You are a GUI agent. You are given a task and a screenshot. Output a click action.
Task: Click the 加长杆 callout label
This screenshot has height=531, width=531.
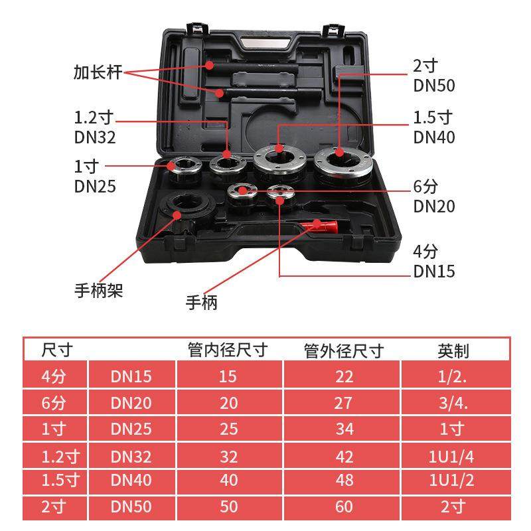coord(98,72)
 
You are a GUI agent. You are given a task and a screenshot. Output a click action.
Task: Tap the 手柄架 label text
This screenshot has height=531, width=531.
coord(98,290)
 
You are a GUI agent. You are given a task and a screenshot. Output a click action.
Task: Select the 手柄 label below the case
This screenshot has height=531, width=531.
coord(201,303)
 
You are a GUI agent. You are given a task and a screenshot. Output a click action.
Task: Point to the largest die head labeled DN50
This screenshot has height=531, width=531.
coord(344,162)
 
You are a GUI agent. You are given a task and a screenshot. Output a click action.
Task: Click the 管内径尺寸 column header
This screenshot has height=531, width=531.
coord(228,350)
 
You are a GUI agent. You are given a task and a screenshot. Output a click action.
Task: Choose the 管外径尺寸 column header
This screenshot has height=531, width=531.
coord(343,350)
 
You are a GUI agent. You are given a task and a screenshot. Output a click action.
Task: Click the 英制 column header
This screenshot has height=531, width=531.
coord(453,350)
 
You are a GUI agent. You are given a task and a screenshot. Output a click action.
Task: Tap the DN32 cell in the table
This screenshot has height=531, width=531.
coord(131,456)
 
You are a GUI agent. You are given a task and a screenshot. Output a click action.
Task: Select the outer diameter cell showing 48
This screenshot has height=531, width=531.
coord(344,481)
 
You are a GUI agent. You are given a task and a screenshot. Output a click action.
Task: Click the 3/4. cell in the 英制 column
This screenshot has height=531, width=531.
coord(455,402)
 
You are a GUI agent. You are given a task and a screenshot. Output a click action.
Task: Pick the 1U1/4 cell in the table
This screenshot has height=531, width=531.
coord(455,456)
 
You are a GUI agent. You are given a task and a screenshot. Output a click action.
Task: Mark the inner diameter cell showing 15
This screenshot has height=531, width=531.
coord(228,376)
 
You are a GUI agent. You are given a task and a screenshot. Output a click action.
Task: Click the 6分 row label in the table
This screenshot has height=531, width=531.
coord(54,402)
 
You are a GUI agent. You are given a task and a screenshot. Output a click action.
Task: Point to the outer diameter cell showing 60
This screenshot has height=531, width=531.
coord(344,507)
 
